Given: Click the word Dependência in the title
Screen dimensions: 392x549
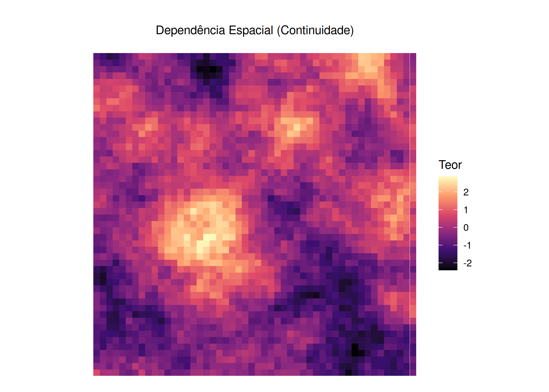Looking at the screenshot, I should [x=190, y=31].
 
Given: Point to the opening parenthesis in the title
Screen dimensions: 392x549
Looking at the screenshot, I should [x=279, y=31].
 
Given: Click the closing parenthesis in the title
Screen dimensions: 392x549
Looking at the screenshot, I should [x=352, y=31].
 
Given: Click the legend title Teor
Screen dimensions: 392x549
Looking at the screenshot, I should [x=450, y=165].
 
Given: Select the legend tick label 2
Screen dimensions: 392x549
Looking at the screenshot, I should [x=466, y=192].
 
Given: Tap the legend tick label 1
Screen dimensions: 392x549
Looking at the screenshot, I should [x=466, y=210].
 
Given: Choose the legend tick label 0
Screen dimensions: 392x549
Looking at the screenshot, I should [x=466, y=228].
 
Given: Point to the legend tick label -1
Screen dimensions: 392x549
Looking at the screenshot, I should [x=467, y=245].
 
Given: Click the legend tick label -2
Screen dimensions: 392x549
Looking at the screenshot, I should [x=467, y=263].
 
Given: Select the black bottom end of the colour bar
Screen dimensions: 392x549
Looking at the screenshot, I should [x=448, y=268].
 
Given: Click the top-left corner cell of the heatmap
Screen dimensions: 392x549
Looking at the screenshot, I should [x=96, y=56].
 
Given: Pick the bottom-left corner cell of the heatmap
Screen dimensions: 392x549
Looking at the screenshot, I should [x=96, y=372].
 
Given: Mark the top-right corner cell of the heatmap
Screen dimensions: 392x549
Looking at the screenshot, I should [x=413, y=56].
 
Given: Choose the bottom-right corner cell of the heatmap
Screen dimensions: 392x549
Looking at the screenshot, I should [x=413, y=372].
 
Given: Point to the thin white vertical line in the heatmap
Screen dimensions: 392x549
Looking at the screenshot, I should [x=410, y=214].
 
